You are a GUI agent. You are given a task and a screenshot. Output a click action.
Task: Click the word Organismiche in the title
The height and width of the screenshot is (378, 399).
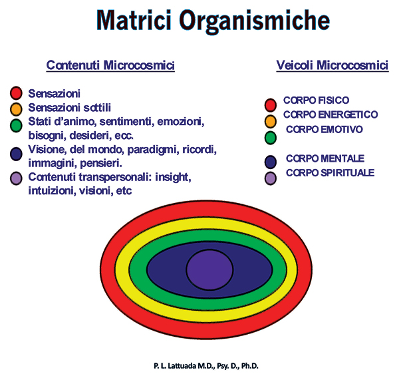pos(255,21)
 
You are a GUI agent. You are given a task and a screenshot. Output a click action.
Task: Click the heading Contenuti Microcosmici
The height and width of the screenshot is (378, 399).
pos(110,65)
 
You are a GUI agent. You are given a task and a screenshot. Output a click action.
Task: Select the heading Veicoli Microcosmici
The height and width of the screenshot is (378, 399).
pos(332,65)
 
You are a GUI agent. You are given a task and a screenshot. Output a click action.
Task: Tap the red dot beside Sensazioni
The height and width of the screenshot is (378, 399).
pos(16,93)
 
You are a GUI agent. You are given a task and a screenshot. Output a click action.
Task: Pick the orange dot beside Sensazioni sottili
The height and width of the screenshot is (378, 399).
pos(16,109)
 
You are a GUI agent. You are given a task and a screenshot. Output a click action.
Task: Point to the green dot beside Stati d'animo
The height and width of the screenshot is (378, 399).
pos(16,125)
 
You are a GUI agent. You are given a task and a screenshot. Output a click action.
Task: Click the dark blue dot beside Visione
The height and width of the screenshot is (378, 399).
pos(16,154)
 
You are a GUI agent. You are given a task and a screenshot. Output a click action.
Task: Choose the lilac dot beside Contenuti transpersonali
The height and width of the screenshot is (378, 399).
pos(16,178)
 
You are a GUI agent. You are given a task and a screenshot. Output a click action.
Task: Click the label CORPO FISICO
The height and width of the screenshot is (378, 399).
pos(316,100)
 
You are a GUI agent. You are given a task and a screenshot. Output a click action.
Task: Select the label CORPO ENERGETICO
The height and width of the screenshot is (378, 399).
pos(331,114)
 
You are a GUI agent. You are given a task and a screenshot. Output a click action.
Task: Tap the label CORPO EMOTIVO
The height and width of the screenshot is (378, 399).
pos(325,129)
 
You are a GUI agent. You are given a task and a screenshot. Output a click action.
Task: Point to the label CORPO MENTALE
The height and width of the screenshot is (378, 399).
pos(325,158)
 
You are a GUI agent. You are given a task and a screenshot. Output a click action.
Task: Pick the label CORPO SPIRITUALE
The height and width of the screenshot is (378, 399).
pos(330,173)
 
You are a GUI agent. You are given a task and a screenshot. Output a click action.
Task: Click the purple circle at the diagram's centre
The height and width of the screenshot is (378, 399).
pos(209,270)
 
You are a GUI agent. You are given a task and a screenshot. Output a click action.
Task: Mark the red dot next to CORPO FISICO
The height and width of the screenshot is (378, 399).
pos(271,105)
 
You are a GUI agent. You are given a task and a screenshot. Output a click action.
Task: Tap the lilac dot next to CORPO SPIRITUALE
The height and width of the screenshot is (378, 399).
pos(271,178)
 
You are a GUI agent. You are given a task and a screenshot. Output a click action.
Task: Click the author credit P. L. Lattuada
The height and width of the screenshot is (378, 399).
pos(206,366)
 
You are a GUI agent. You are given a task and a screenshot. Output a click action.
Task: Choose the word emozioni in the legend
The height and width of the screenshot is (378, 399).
pos(181,122)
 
